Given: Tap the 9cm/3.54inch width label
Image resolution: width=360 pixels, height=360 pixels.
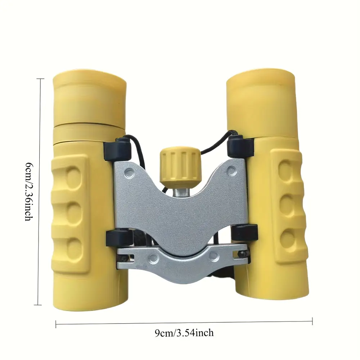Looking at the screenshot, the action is pos(184,333).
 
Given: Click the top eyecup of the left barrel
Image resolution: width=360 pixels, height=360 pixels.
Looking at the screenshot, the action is pos(90,96).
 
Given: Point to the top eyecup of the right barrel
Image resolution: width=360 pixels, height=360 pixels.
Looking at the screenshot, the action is pos(260,96).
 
